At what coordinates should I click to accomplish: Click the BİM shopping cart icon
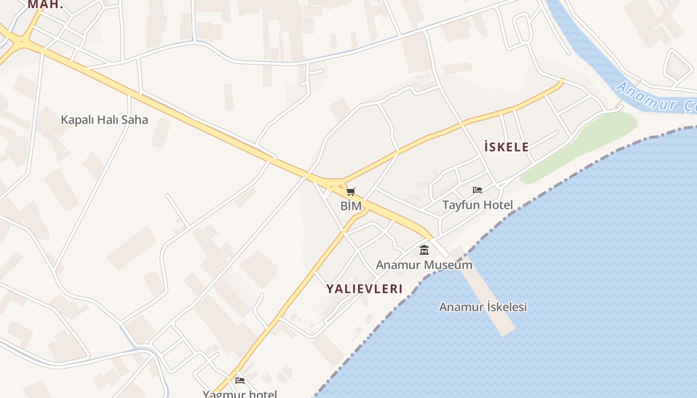click(x=351, y=192)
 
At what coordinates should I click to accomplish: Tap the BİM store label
click(x=351, y=205)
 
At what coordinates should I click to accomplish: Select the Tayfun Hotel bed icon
click(x=477, y=190)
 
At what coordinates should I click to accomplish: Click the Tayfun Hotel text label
click(x=477, y=204)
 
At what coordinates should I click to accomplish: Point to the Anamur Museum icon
click(x=424, y=250)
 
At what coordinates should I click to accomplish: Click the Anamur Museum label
click(x=424, y=265)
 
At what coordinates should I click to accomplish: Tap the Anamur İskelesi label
click(x=482, y=307)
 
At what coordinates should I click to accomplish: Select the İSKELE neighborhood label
click(x=506, y=147)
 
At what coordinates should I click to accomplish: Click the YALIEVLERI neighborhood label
click(x=364, y=289)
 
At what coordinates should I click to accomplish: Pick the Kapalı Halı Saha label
click(x=104, y=120)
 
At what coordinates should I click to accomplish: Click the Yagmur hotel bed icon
click(x=240, y=381)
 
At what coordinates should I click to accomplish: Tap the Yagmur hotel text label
click(x=239, y=394)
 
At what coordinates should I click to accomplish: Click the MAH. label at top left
click(x=45, y=4)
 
